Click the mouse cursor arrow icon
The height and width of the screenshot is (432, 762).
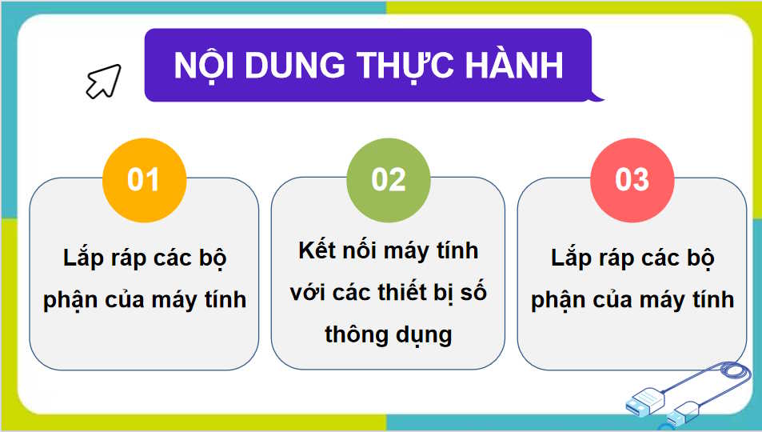click(103, 81)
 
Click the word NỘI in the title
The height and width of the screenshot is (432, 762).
click(203, 66)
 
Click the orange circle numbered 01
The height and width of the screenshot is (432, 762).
click(144, 179)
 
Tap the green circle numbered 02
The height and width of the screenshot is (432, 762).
click(389, 179)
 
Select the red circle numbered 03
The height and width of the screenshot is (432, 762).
click(632, 179)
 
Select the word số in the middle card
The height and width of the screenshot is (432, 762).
click(473, 293)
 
